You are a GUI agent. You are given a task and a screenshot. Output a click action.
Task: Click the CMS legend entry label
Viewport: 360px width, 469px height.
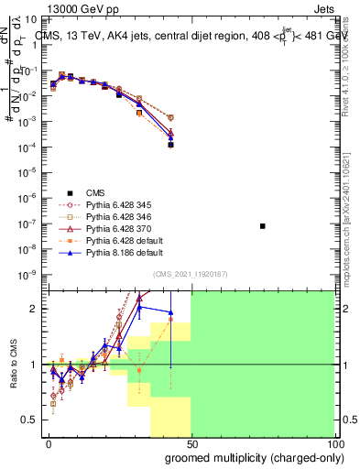[96, 192]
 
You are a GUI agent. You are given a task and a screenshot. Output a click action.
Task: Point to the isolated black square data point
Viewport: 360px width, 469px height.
[263, 225]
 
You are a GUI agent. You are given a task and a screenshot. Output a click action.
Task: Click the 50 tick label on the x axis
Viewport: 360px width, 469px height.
[191, 443]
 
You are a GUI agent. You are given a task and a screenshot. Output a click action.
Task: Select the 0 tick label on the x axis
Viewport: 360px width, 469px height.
[49, 443]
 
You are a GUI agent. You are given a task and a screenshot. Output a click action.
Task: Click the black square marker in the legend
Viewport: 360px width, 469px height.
[67, 192]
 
